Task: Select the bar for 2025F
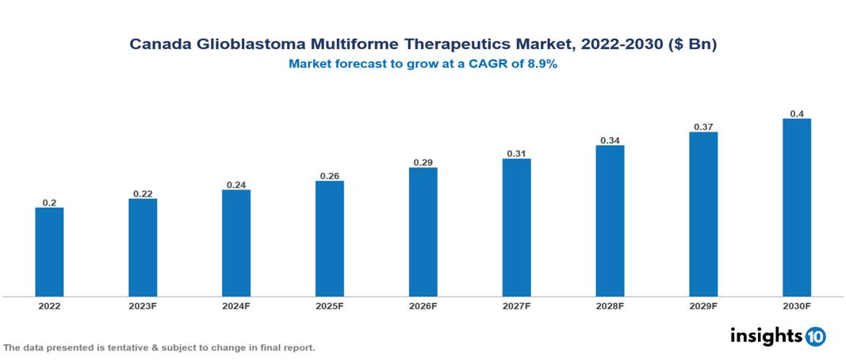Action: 329,239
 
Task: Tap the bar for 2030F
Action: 796,208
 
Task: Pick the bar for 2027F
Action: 516,228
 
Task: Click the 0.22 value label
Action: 143,193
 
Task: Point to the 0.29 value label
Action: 423,162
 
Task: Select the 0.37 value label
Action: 703,126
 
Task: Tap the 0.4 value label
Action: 797,113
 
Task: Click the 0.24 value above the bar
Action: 236,184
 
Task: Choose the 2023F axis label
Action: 143,305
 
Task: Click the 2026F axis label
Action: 423,305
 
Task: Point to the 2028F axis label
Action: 610,305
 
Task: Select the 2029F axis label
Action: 703,305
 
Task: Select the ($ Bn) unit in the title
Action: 693,45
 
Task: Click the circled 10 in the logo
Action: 815,337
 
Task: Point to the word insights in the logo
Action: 766,335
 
